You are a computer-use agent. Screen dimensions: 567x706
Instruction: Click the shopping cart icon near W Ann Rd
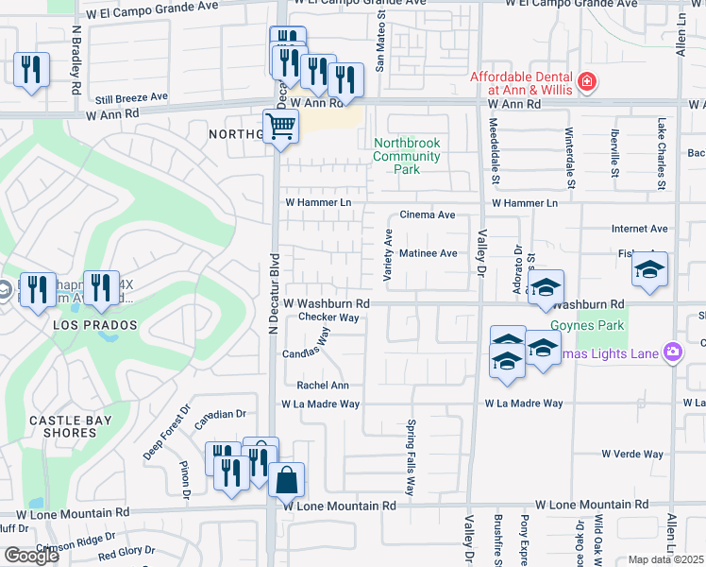(x=280, y=125)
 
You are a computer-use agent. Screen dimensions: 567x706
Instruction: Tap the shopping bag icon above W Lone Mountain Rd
(x=287, y=479)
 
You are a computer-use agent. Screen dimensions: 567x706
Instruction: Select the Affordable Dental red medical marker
(x=587, y=82)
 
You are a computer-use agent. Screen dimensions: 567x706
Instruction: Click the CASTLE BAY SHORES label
(x=70, y=426)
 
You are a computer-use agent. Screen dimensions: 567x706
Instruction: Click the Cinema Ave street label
(x=428, y=215)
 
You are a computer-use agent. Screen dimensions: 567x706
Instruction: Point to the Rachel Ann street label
(x=323, y=386)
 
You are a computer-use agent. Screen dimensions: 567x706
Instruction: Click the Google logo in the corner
(x=31, y=556)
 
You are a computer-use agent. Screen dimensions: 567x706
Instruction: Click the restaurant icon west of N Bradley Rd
(x=32, y=70)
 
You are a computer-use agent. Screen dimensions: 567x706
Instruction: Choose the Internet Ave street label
(x=639, y=229)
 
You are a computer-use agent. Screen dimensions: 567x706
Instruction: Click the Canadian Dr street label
(x=221, y=414)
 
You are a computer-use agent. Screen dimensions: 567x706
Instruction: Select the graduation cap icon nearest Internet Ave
(x=649, y=269)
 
